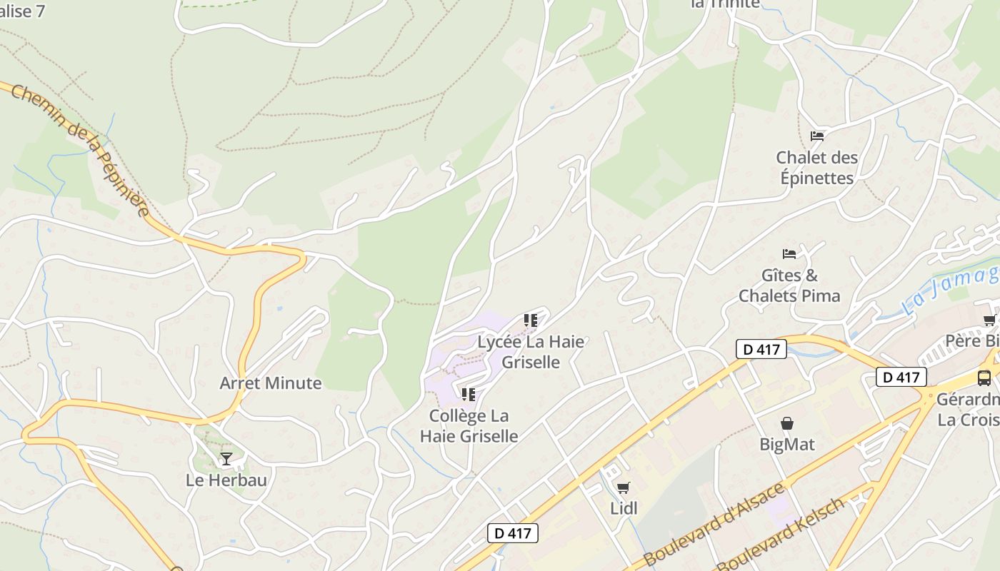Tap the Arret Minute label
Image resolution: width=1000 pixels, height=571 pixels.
point(271,383)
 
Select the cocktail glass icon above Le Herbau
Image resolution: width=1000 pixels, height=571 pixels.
point(226,458)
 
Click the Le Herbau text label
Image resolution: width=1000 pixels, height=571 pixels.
point(226,480)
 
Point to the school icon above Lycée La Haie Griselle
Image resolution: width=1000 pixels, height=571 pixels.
point(530,320)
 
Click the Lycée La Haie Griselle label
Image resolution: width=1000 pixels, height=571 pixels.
point(531,351)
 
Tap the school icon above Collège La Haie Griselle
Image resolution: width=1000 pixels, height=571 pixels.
point(469,395)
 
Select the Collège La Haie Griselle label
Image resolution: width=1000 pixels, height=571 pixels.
point(469,425)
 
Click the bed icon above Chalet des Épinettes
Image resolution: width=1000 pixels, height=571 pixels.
point(817,136)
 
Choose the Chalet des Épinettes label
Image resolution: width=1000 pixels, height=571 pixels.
point(817,168)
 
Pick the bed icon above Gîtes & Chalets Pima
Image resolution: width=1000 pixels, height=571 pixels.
point(789,253)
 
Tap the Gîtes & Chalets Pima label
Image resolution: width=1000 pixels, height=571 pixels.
point(789,285)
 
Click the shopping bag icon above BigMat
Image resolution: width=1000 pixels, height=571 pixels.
point(786,424)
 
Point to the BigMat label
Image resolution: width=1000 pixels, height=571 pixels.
point(786,445)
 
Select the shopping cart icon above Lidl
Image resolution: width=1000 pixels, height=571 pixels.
point(624,488)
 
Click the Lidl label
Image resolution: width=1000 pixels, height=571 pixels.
point(624,508)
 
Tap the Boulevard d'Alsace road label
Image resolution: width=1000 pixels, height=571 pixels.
point(714,525)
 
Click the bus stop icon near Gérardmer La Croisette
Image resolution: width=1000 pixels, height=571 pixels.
point(984,378)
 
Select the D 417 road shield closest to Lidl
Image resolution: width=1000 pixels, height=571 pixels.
point(513,532)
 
